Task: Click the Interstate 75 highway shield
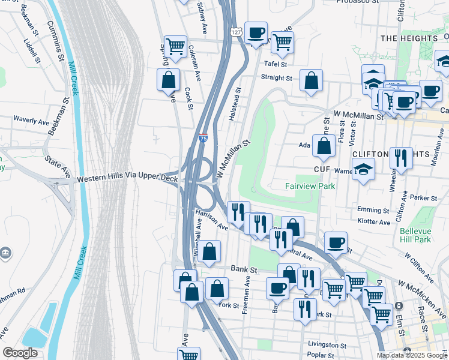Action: tap(203, 138)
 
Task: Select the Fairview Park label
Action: tap(310, 187)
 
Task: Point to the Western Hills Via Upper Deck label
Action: tap(127, 179)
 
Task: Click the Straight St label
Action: tap(276, 78)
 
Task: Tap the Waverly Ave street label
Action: tap(31, 121)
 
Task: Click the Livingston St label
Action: tap(327, 345)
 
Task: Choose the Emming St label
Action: tap(373, 210)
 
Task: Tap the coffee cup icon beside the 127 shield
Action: tap(256, 32)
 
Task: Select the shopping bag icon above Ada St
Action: tap(324, 146)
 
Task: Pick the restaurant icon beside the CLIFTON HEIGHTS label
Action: tap(401, 158)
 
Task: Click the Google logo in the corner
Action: tap(20, 353)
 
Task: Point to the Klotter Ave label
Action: tap(373, 221)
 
